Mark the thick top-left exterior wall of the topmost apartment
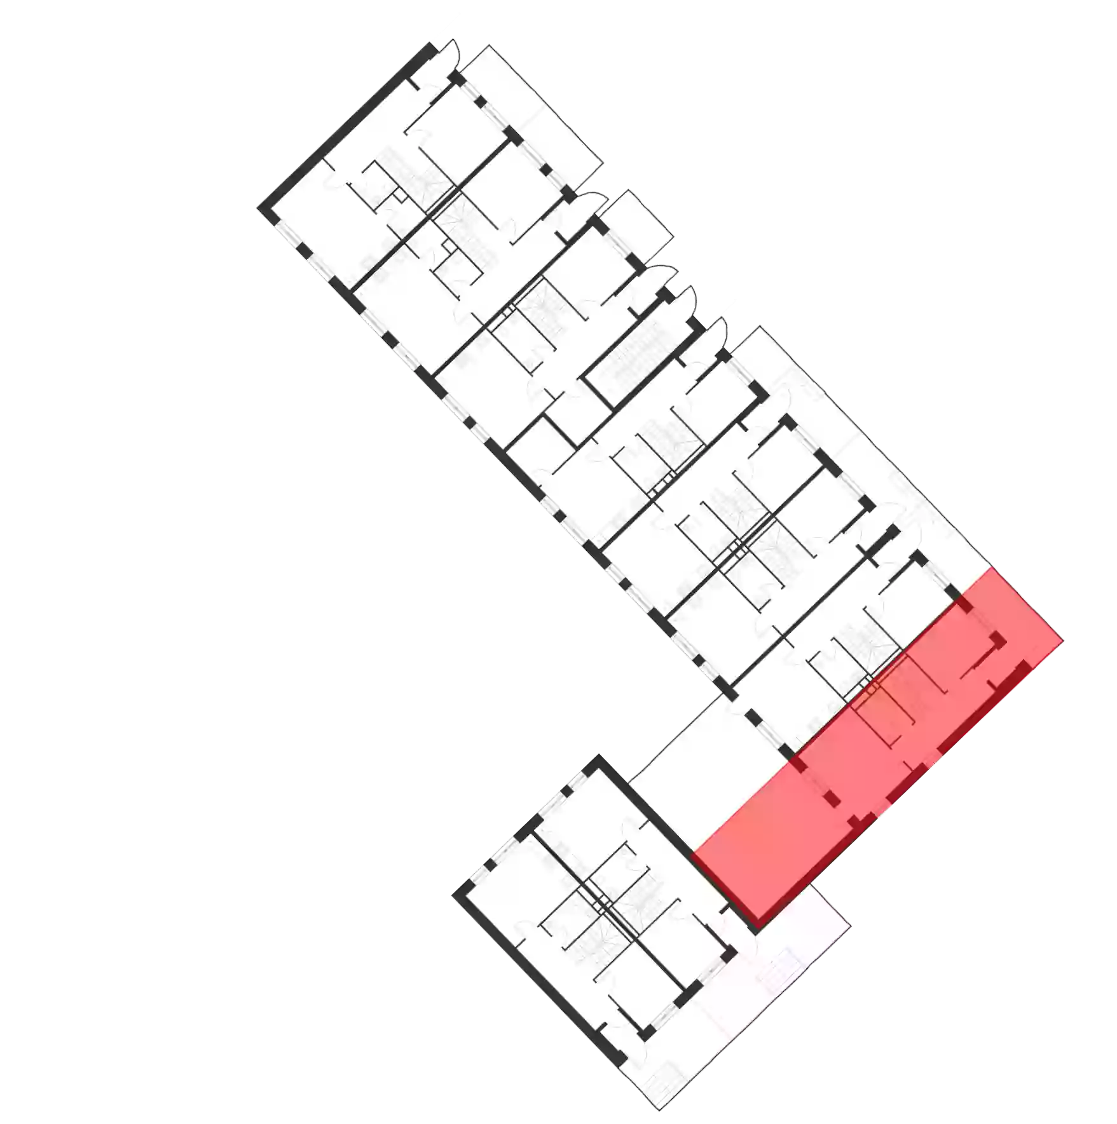coord(337,127)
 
